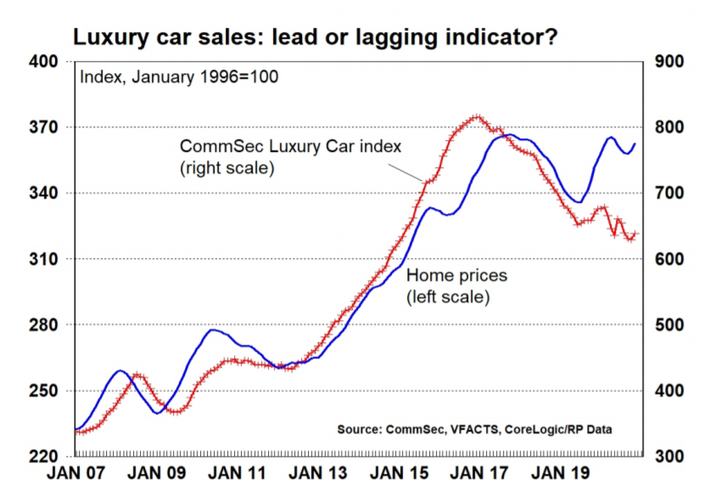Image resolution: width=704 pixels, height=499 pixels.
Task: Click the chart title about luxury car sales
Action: click(x=316, y=37)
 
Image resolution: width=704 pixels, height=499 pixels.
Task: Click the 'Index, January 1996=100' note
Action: click(x=179, y=76)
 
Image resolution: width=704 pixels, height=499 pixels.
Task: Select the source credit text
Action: click(x=474, y=429)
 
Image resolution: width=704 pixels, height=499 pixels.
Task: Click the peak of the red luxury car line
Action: click(x=477, y=117)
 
